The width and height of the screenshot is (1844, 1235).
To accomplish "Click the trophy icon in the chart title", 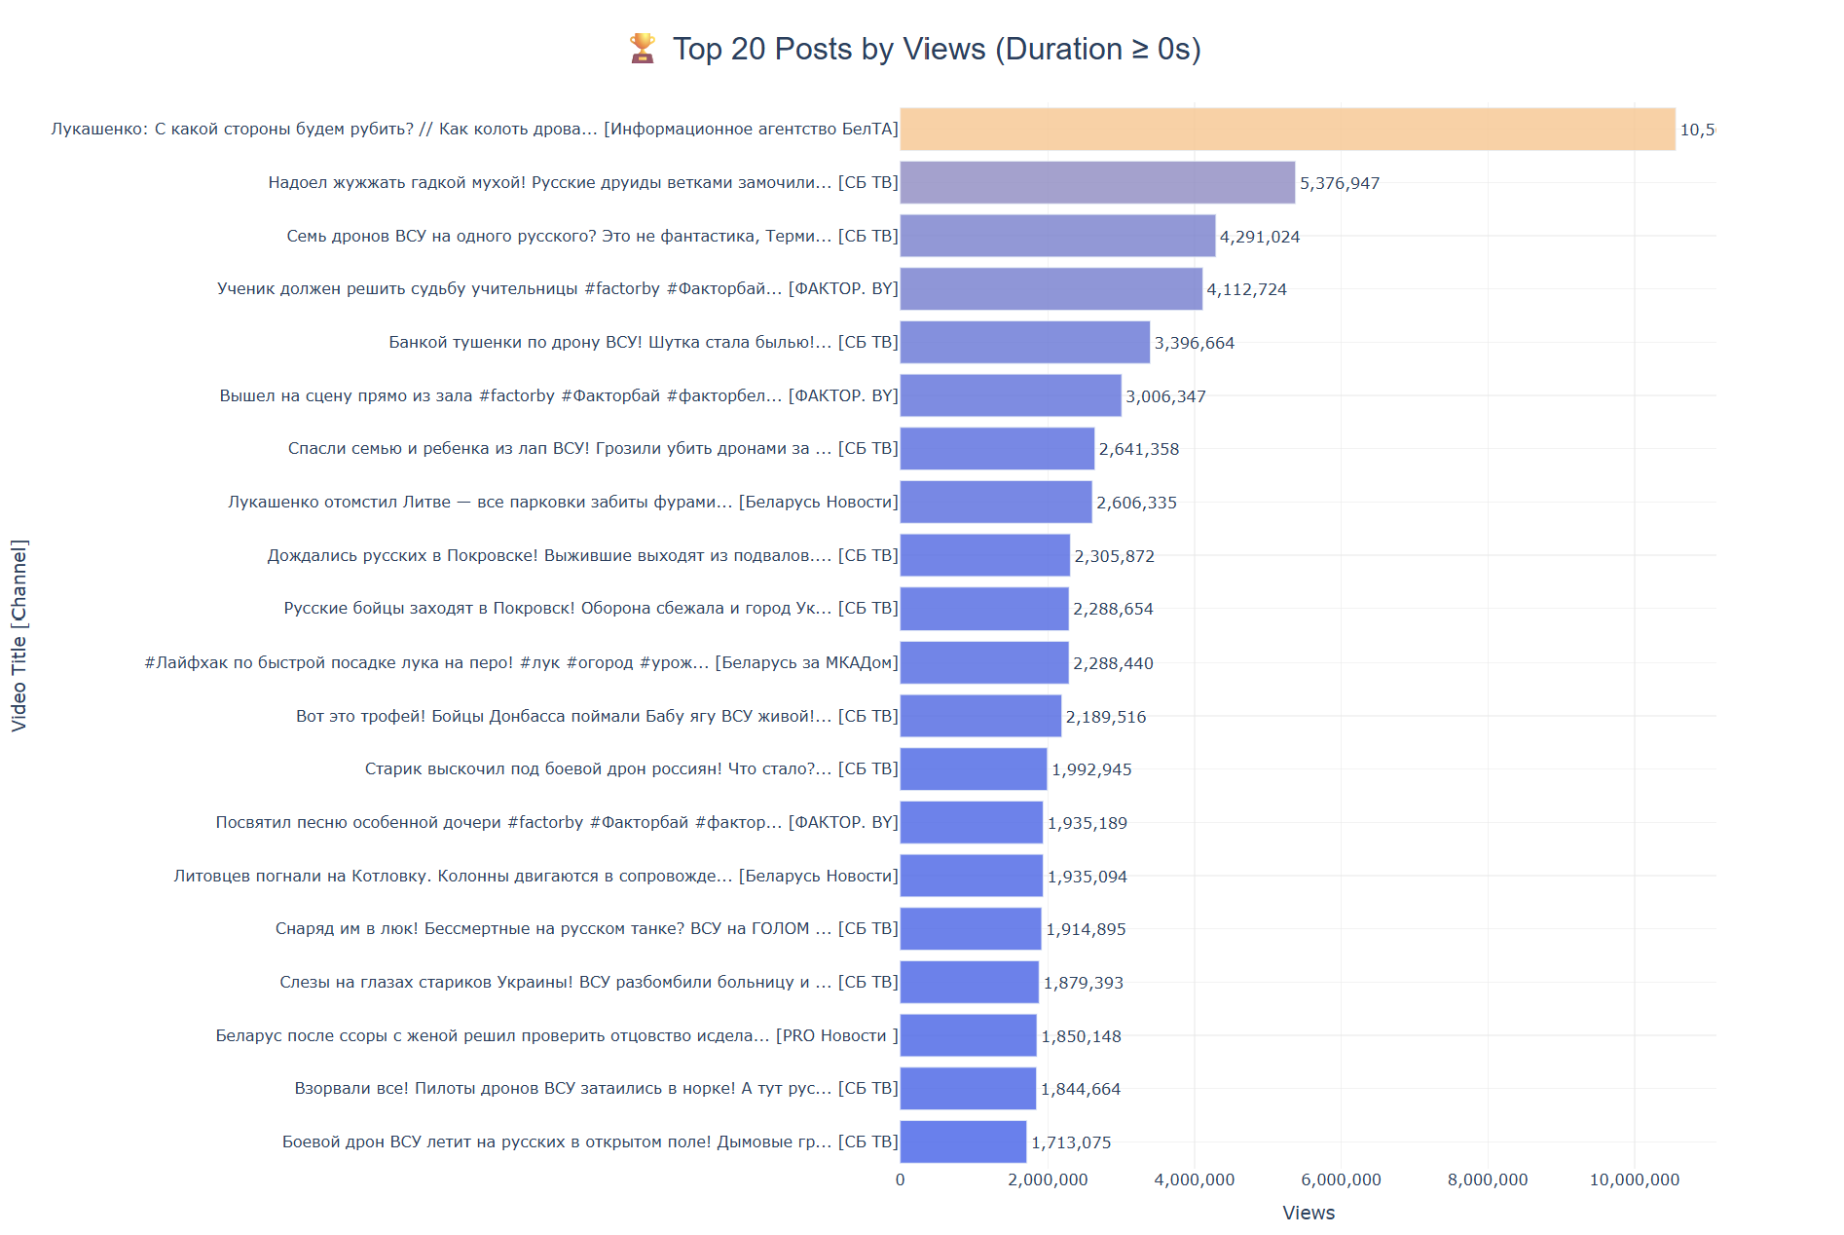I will click(x=642, y=48).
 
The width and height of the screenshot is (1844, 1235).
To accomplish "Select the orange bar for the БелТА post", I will click(x=1287, y=130).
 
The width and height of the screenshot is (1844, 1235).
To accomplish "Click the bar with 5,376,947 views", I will click(x=1097, y=183).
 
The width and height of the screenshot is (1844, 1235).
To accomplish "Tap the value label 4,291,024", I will click(x=1259, y=237).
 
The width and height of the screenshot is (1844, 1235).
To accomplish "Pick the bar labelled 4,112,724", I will click(x=1051, y=289).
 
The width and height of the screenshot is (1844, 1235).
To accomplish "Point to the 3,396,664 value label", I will click(x=1194, y=343).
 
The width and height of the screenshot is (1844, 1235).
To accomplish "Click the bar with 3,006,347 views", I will click(x=1010, y=395).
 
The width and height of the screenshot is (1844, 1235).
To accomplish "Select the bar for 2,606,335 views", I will click(x=995, y=503).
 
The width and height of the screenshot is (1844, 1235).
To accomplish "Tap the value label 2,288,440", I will click(x=1113, y=663).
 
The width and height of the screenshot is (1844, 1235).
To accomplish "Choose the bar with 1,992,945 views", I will click(x=973, y=769).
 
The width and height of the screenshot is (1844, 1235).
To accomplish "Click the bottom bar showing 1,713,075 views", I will click(x=963, y=1141).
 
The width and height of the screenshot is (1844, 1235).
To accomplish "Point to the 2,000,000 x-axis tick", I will click(x=1048, y=1179).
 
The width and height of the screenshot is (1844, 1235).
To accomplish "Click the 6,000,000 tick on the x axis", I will click(x=1341, y=1179).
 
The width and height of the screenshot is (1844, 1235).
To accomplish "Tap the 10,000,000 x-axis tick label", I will click(x=1634, y=1179).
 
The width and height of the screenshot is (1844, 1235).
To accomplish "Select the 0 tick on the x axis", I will click(x=900, y=1179).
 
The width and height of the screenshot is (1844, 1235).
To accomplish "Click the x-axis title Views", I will click(x=1308, y=1213).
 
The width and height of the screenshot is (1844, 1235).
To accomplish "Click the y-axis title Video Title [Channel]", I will click(x=19, y=635).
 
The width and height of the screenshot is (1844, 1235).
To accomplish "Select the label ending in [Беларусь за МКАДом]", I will click(x=521, y=663).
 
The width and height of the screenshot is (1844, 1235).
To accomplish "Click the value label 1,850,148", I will click(x=1081, y=1036).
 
